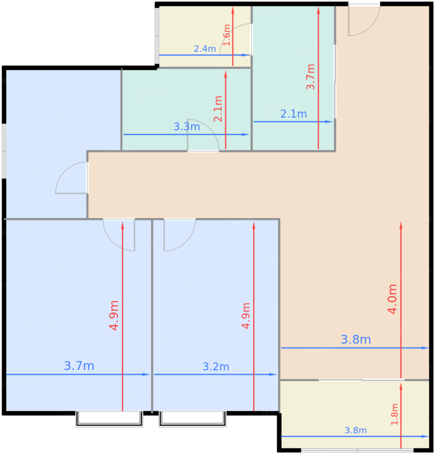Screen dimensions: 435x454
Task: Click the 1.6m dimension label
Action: click(x=227, y=35)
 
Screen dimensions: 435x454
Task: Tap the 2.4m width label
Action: click(x=205, y=49)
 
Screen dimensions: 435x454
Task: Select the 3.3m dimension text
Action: click(x=187, y=127)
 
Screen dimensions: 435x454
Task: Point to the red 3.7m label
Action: click(x=311, y=77)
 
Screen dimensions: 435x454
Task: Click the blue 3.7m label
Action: click(x=79, y=365)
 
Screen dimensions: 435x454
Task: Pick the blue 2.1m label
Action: click(x=293, y=114)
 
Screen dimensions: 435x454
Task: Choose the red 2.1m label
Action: click(x=218, y=109)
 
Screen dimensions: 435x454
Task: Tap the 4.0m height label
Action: click(x=392, y=299)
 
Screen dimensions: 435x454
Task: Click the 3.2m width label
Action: click(x=216, y=366)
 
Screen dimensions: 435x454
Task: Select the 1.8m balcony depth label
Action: click(x=394, y=414)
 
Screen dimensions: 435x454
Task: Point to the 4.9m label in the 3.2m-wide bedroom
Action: click(x=246, y=316)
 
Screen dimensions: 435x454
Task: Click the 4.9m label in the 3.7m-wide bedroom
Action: click(x=114, y=316)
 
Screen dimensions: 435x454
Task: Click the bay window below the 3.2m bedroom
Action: click(x=193, y=419)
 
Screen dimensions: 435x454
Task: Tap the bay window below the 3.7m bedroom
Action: click(x=109, y=419)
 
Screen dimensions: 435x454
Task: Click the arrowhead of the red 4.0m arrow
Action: click(x=401, y=226)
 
